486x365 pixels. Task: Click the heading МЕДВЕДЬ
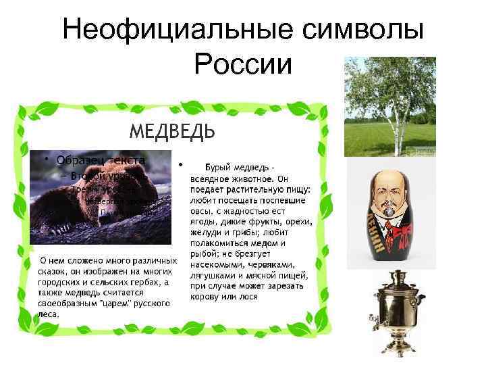point(171,130)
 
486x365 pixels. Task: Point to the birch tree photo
point(389,106)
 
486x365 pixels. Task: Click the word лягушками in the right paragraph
point(215,276)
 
